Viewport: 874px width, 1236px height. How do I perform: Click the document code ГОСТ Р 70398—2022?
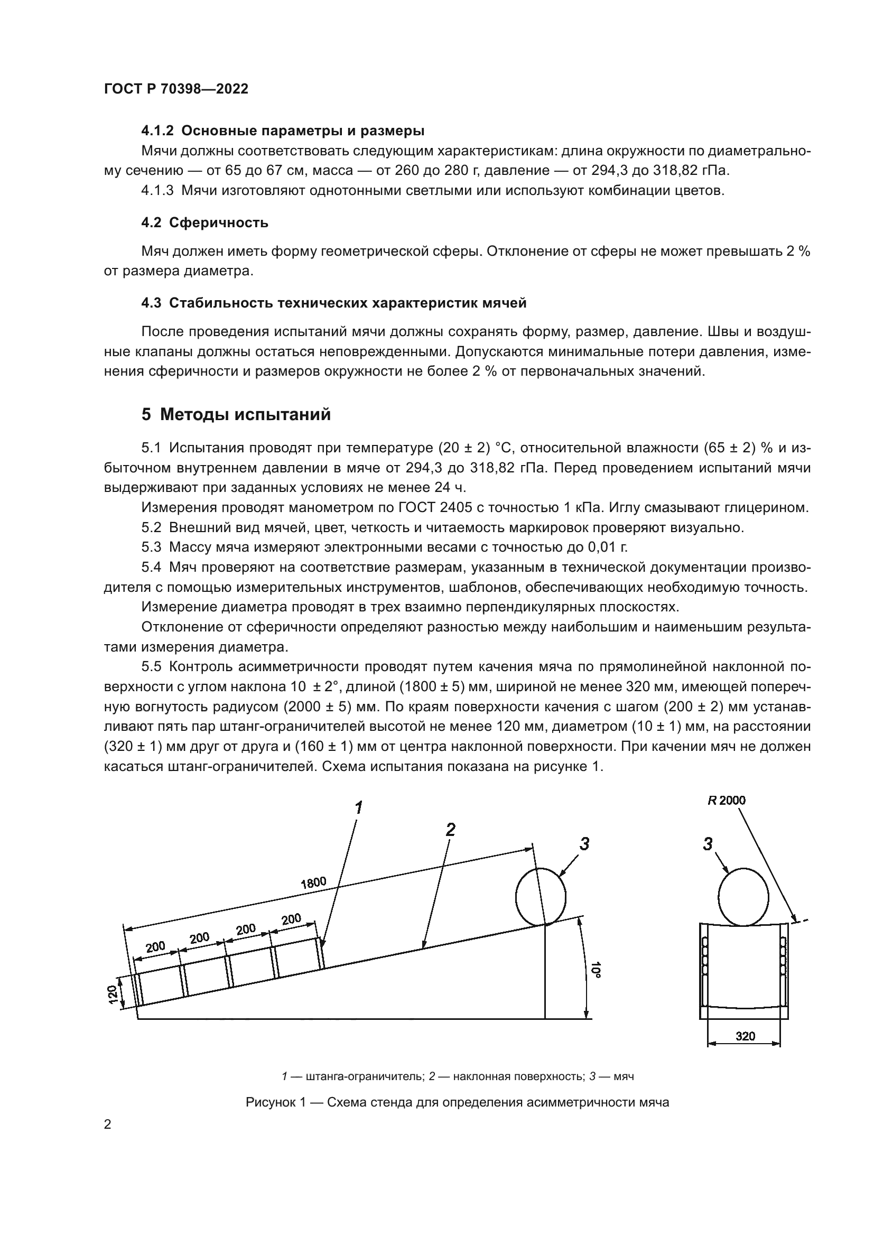(176, 89)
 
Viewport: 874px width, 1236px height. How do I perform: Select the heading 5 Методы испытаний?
(236, 414)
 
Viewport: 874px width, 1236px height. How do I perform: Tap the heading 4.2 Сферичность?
(204, 223)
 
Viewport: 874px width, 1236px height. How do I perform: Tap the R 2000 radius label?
(727, 801)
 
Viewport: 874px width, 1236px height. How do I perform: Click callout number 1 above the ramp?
(358, 807)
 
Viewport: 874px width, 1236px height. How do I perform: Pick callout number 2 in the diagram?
(450, 830)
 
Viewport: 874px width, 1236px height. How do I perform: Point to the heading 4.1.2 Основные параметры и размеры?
(283, 131)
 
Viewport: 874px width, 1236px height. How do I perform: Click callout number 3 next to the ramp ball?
(584, 844)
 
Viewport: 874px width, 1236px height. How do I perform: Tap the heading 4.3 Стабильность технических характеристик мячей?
(333, 303)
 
